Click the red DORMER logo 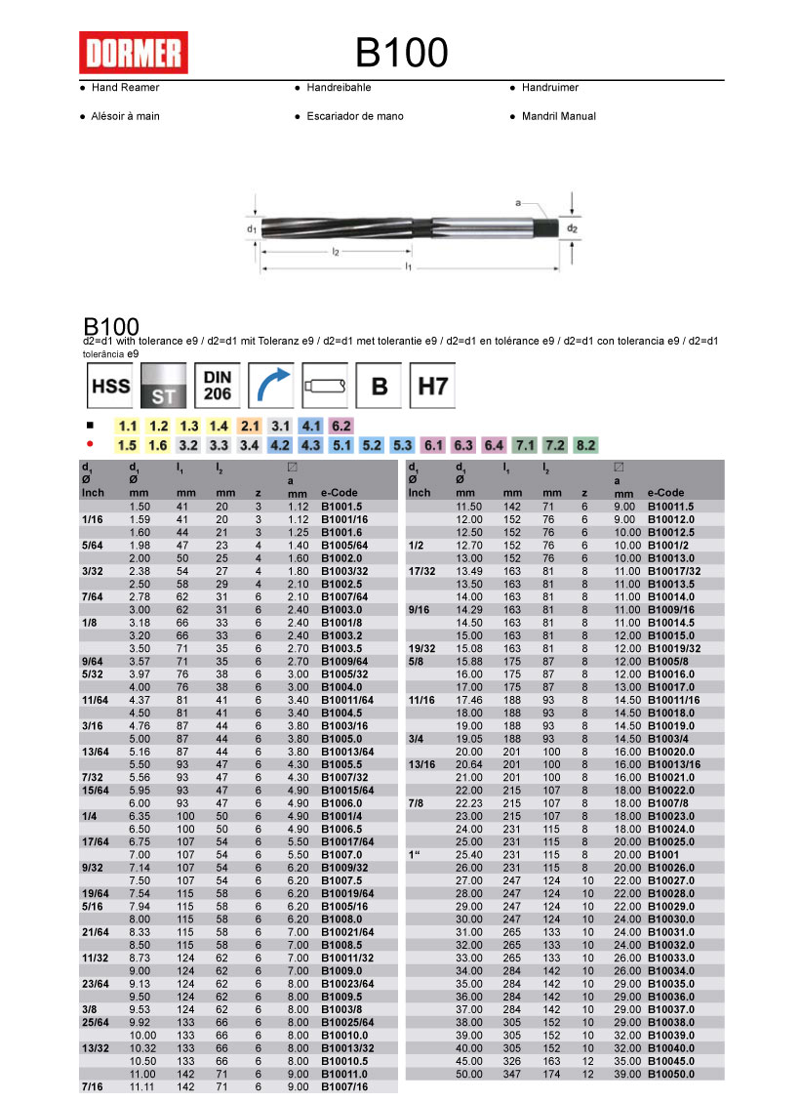click(x=133, y=53)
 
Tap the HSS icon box click(x=110, y=387)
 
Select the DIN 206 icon click(x=218, y=387)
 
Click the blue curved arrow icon click(x=271, y=387)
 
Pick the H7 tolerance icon click(x=432, y=387)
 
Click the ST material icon click(x=164, y=387)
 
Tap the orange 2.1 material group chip click(x=251, y=427)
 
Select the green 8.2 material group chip click(x=585, y=445)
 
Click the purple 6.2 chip click(x=341, y=427)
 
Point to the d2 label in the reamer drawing click(x=573, y=228)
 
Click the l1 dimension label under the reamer click(x=410, y=265)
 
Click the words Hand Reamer click(x=125, y=88)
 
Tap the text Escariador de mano click(x=354, y=116)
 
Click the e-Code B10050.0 click(x=672, y=1074)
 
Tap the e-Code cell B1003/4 click(x=668, y=740)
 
